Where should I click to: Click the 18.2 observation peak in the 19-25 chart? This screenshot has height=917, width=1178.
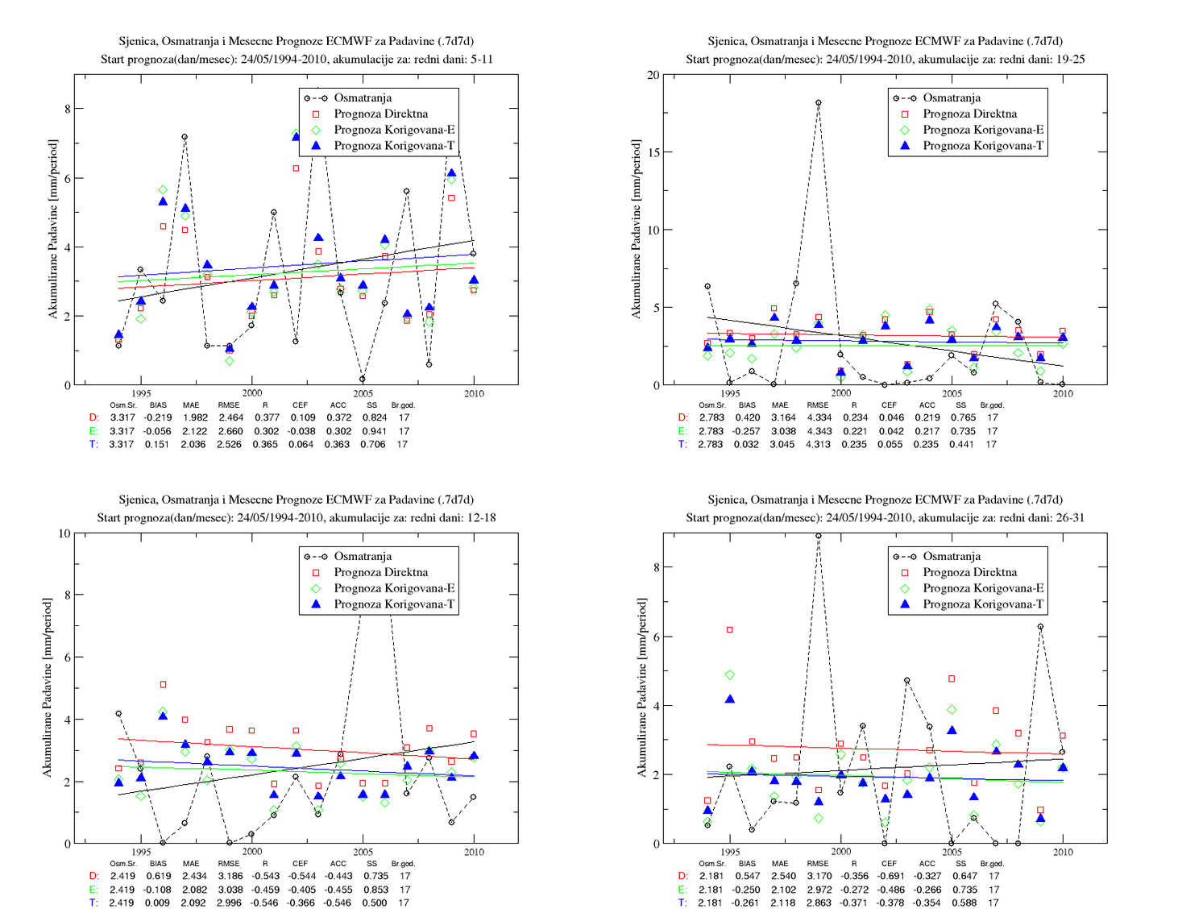[x=818, y=102]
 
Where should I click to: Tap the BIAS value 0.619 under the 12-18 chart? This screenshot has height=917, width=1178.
[x=158, y=876]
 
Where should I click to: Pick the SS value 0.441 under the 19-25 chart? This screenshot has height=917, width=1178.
[x=962, y=444]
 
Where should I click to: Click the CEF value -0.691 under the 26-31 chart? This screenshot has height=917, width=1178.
[x=889, y=876]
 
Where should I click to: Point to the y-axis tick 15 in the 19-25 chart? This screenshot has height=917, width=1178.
[x=653, y=152]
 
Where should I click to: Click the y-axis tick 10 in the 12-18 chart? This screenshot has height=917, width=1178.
[x=64, y=533]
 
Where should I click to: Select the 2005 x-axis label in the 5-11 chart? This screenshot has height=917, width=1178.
[x=363, y=393]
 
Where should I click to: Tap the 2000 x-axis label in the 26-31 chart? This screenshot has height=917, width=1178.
[x=841, y=852]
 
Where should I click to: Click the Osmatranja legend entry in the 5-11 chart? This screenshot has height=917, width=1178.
[x=363, y=98]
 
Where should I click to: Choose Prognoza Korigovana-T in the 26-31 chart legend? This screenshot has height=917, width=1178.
[x=983, y=604]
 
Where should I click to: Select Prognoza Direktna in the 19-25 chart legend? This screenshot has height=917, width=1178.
[x=970, y=114]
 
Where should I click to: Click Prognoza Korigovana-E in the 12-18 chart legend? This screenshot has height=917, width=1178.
[x=394, y=588]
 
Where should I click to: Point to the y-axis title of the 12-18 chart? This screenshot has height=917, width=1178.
[x=48, y=688]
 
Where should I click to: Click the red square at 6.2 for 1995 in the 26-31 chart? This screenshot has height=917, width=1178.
[x=730, y=630]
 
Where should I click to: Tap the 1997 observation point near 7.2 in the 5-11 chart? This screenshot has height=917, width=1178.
[x=185, y=137]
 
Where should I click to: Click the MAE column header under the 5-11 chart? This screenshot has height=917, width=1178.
[x=191, y=405]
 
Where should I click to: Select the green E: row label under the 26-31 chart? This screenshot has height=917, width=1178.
[x=682, y=890]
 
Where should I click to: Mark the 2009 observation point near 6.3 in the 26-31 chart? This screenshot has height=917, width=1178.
[x=1040, y=626]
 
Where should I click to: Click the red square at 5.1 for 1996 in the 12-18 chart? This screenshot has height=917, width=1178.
[x=164, y=684]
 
